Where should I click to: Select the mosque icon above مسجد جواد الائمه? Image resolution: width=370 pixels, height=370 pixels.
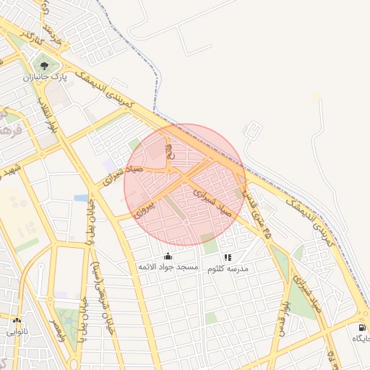point(168,256)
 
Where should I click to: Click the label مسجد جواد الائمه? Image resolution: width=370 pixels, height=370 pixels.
point(168,267)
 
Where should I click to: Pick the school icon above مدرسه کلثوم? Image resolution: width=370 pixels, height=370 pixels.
point(228,257)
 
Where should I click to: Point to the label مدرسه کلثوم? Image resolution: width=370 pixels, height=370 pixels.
point(228,268)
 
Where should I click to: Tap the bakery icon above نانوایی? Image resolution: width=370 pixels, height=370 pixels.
point(17,320)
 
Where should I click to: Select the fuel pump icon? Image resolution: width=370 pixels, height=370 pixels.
point(361,327)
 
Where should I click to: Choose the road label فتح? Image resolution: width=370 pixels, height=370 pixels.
point(171,153)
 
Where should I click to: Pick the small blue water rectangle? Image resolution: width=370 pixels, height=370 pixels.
point(81,197)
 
